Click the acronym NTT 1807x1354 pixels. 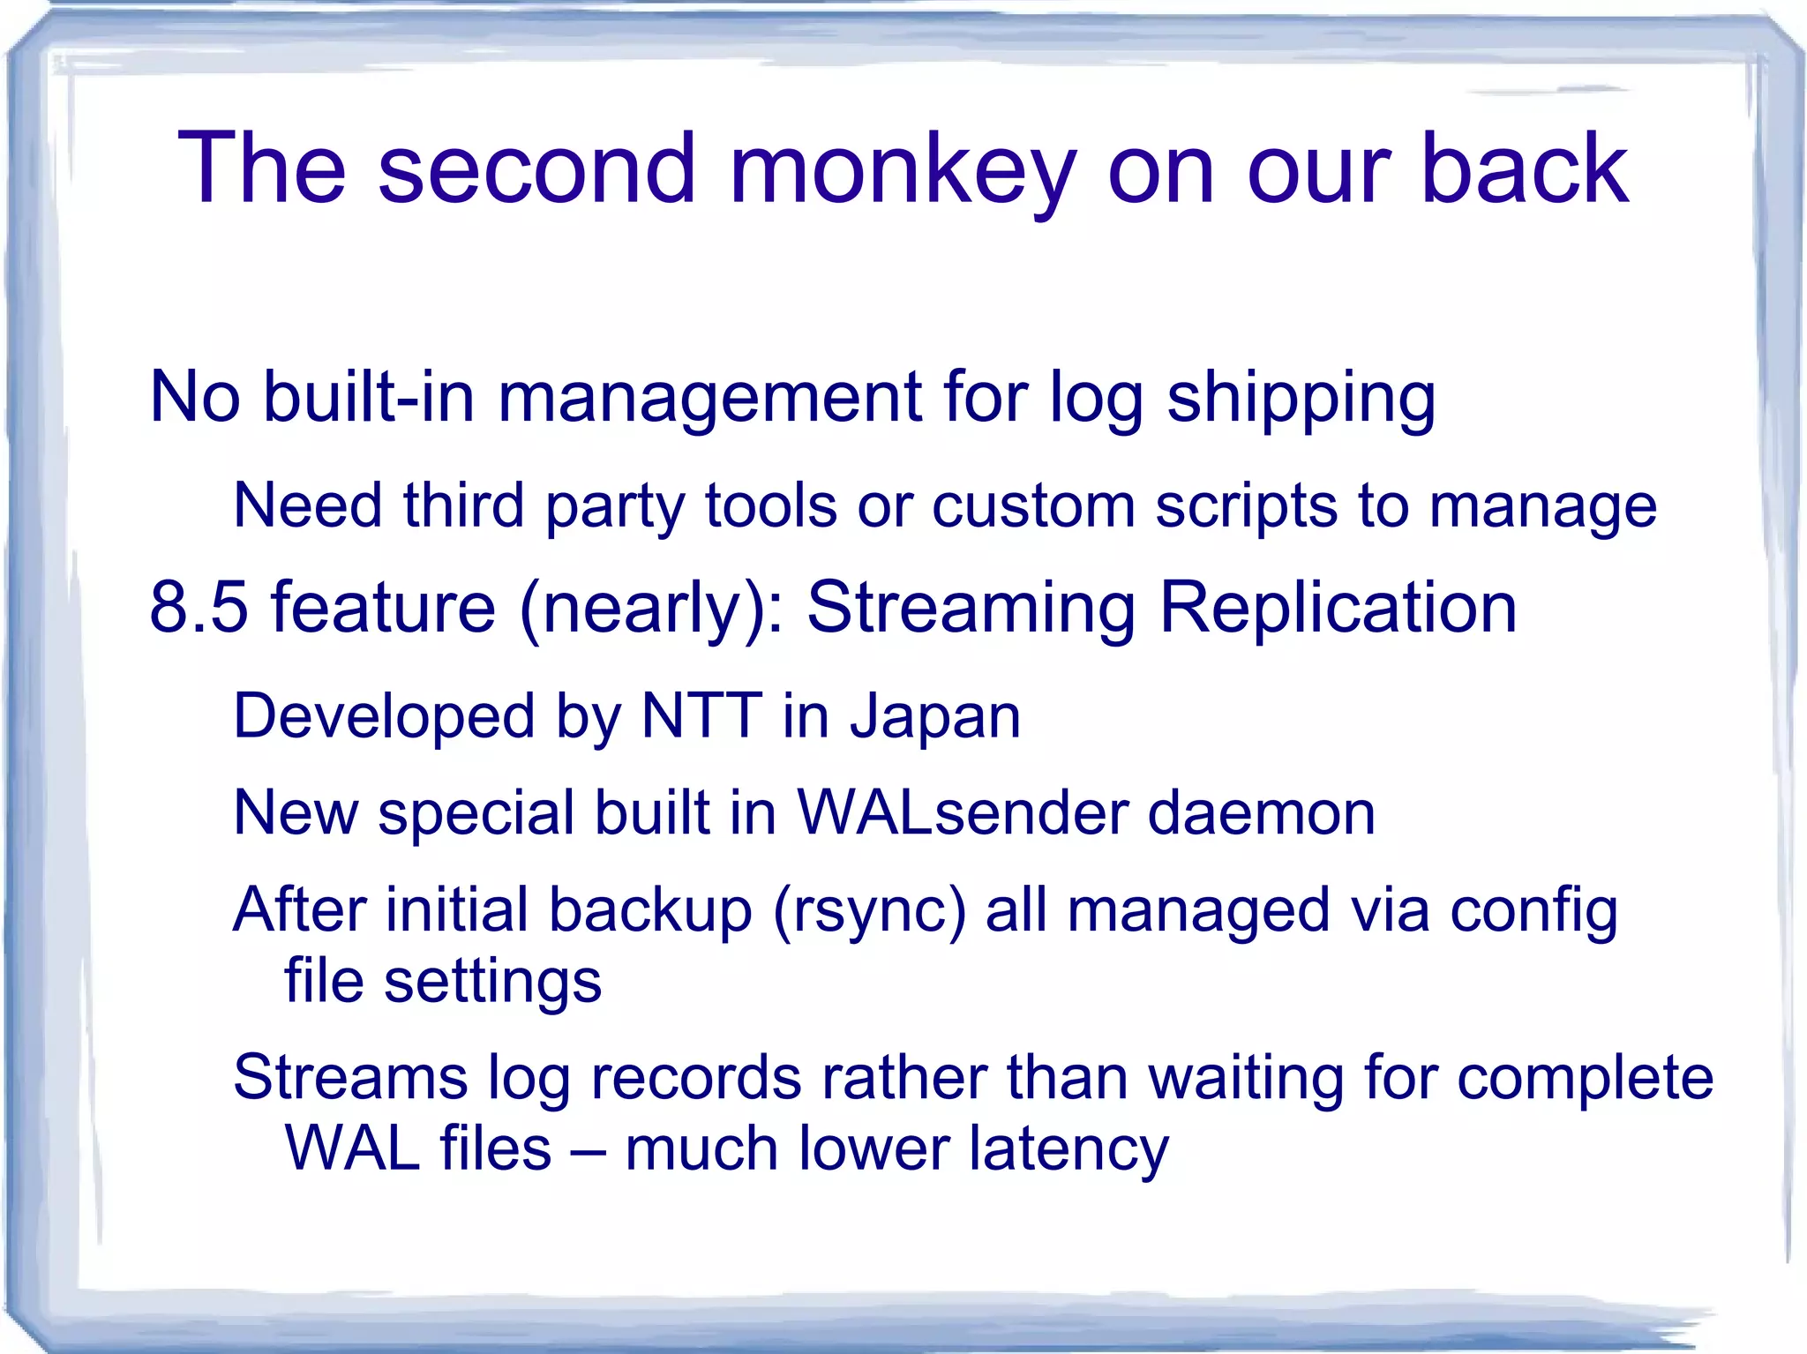tap(701, 715)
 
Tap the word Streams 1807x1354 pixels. tap(350, 1078)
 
